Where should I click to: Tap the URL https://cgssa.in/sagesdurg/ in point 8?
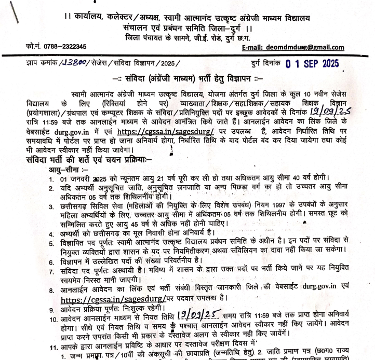tap(114, 300)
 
